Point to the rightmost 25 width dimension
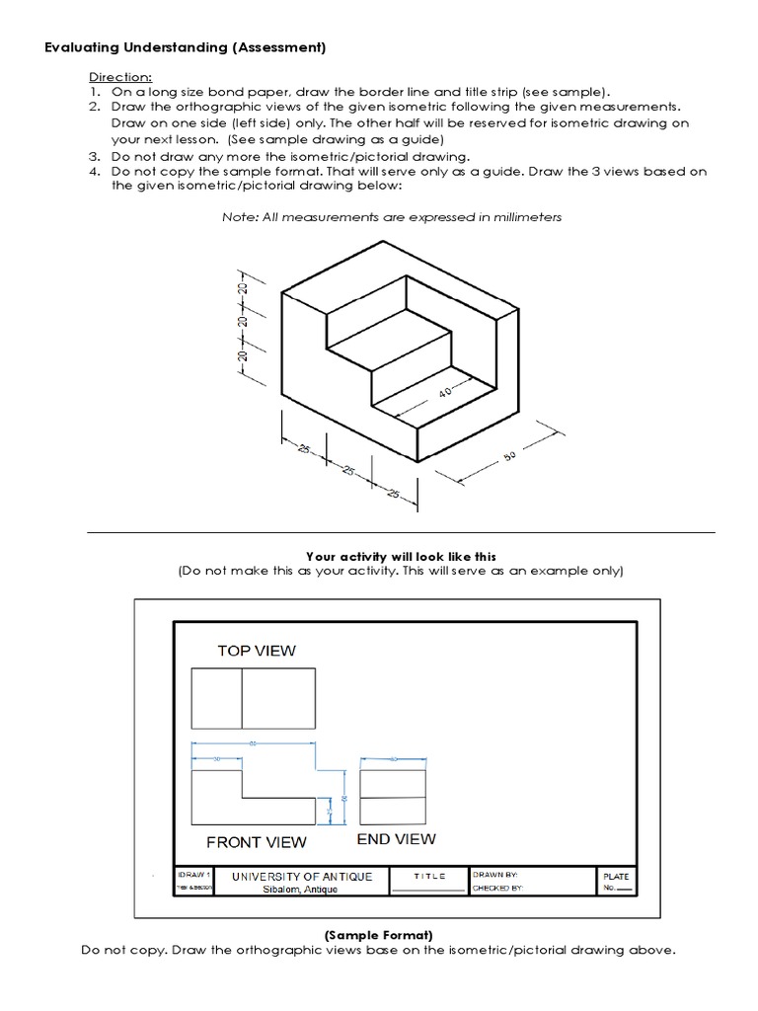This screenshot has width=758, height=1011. pos(395,493)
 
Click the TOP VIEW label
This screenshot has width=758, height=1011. pos(257,651)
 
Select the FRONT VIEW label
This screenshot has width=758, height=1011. pos(256,842)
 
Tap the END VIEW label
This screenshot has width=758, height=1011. pos(396,839)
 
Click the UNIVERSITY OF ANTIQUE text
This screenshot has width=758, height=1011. pos(302,876)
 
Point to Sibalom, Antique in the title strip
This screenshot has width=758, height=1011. pos(300,890)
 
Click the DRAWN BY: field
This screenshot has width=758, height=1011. pos(495,875)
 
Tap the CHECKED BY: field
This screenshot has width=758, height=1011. pos(497,889)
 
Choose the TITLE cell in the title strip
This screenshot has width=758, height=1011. pos(429,876)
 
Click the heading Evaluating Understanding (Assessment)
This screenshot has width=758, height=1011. pos(186,47)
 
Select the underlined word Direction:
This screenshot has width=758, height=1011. pos(120,76)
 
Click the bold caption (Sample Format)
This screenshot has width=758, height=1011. pos(379,934)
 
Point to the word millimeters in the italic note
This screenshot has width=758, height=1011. pos(521,217)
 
